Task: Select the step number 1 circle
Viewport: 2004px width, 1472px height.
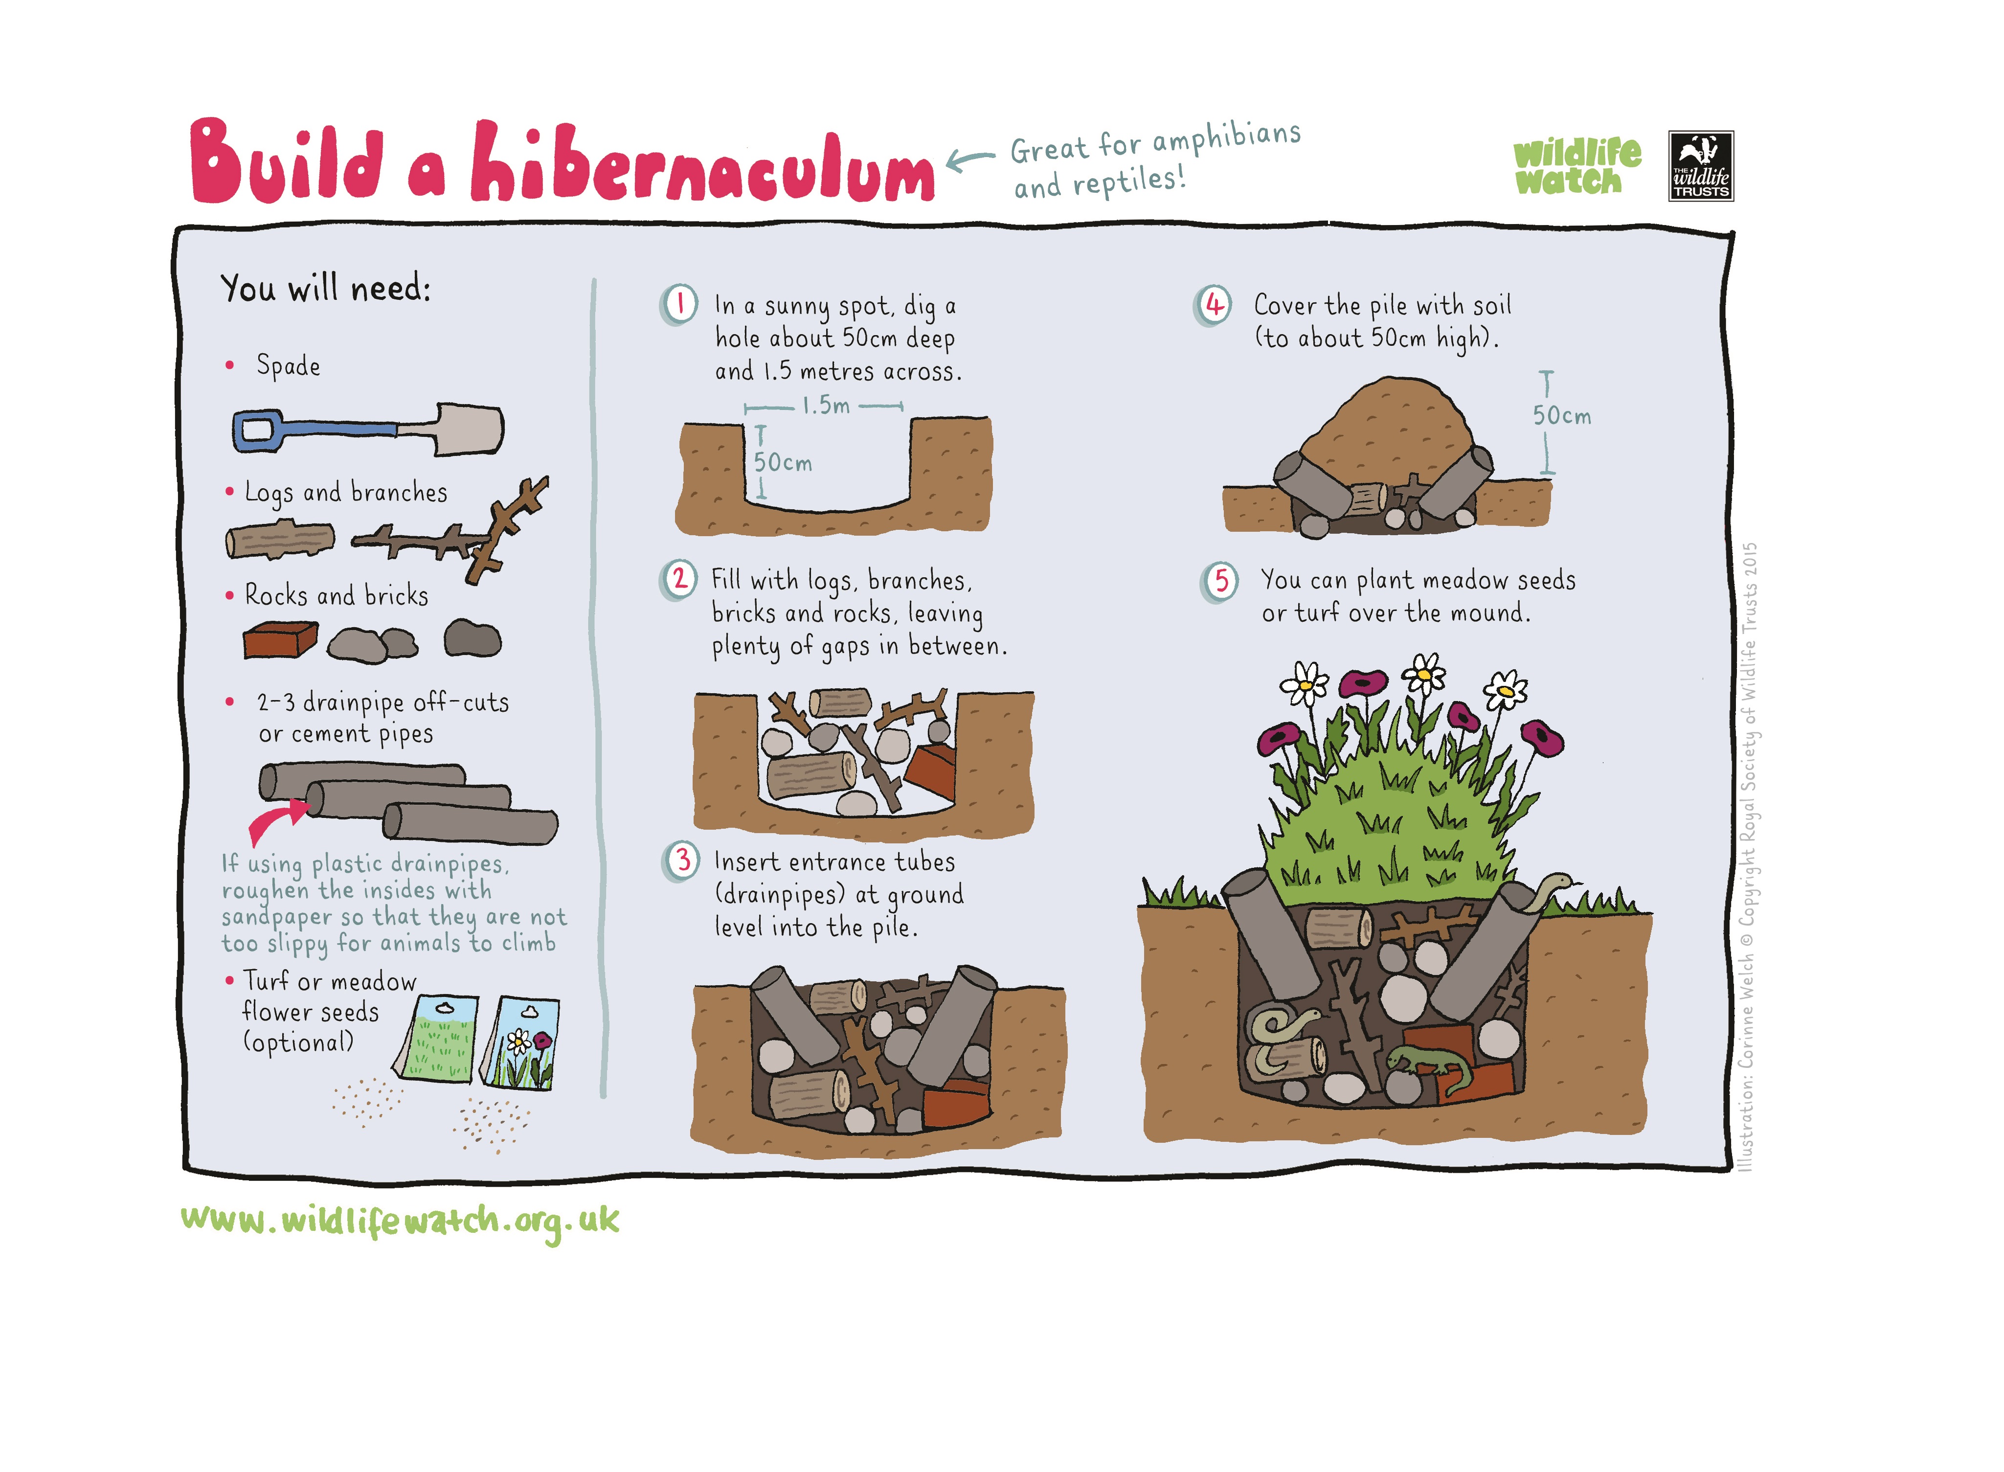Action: (x=679, y=305)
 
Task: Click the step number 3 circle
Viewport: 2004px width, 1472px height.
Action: (x=681, y=861)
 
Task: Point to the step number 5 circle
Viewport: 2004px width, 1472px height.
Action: (x=1220, y=581)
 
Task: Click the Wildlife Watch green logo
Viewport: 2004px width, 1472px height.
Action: (x=1576, y=166)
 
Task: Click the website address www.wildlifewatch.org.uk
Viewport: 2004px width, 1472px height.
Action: (x=400, y=1221)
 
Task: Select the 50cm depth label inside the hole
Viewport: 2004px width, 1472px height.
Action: (x=783, y=462)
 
